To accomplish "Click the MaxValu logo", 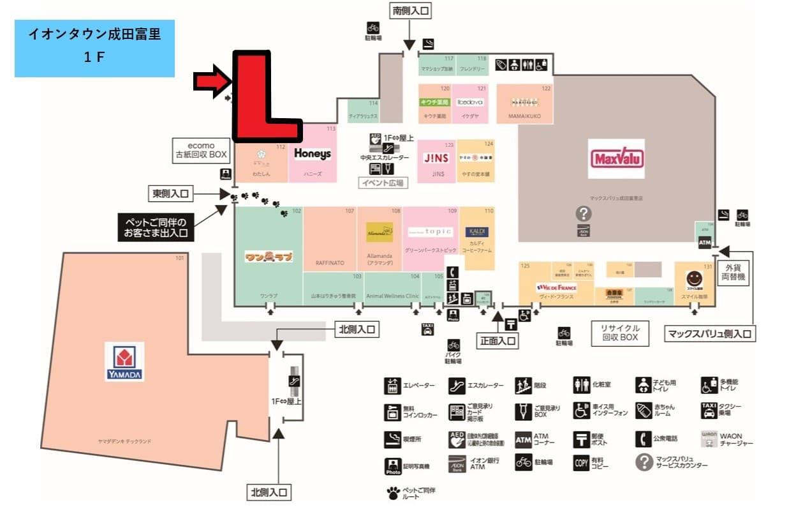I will pyautogui.click(x=616, y=158).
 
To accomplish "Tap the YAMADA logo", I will pyautogui.click(x=124, y=362).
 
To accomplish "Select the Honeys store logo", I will pyautogui.click(x=313, y=154).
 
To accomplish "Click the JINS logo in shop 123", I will pyautogui.click(x=438, y=158).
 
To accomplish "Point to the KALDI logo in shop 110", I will pyautogui.click(x=478, y=231).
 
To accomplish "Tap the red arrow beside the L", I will pyautogui.click(x=211, y=81).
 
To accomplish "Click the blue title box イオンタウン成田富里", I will pyautogui.click(x=94, y=48).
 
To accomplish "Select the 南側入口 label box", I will pyautogui.click(x=410, y=11).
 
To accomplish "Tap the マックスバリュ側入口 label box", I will pyautogui.click(x=710, y=333).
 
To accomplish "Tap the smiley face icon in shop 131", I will pyautogui.click(x=694, y=278).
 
